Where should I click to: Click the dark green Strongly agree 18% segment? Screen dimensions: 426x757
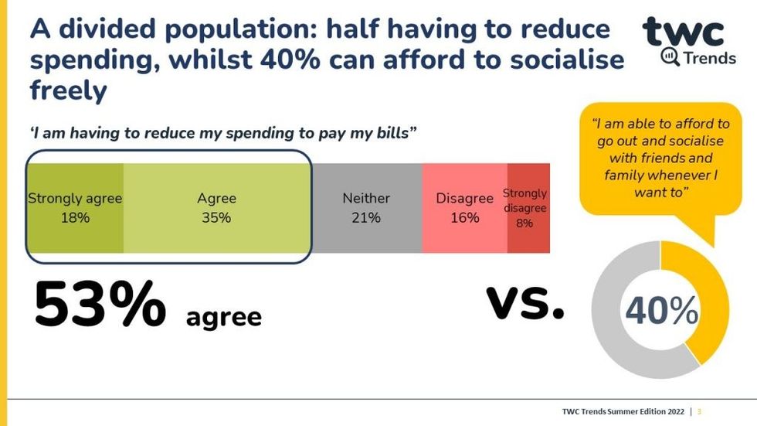click(75, 208)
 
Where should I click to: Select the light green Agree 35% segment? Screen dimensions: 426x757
click(216, 208)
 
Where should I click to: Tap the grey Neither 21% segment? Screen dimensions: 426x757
click(366, 208)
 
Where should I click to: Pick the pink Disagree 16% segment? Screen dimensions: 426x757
click(464, 208)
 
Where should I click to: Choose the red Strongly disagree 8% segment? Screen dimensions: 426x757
click(528, 208)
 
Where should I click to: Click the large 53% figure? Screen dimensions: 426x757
click(100, 305)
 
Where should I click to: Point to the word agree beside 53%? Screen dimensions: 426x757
click(224, 316)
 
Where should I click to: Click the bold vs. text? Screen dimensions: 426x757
click(525, 302)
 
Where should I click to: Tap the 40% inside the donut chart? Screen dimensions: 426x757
click(661, 311)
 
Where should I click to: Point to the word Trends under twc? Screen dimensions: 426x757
click(704, 57)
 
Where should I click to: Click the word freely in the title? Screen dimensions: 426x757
click(68, 91)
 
